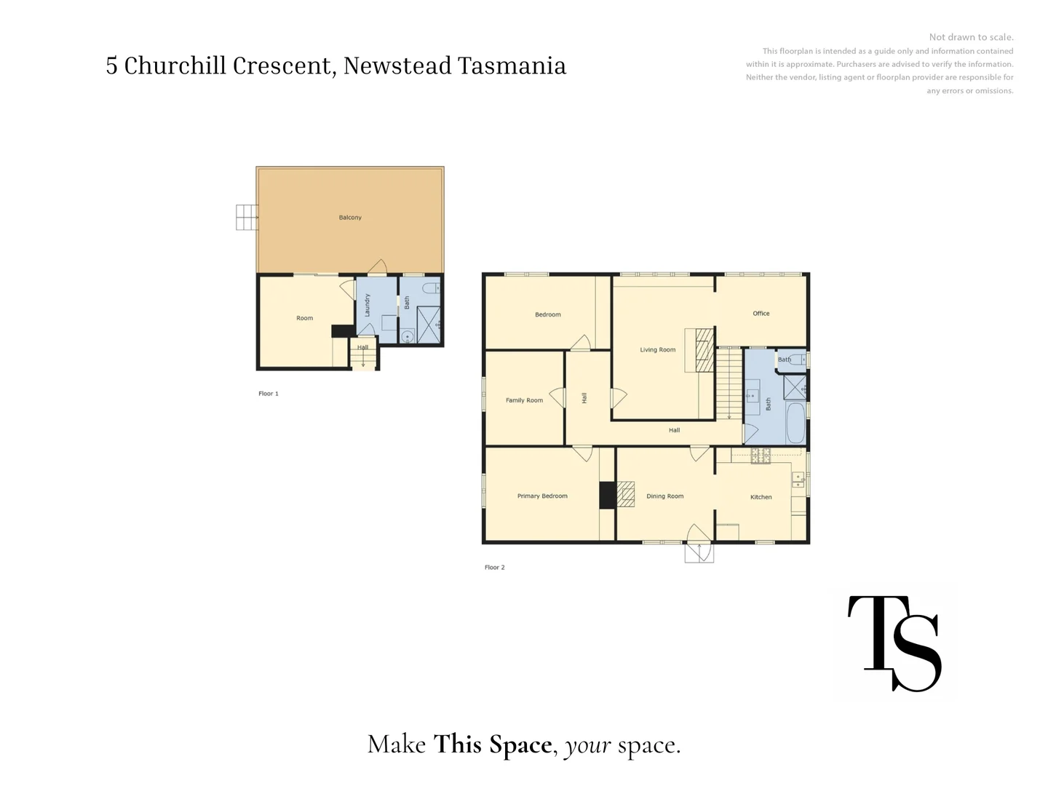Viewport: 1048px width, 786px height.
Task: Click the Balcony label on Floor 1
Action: tap(350, 218)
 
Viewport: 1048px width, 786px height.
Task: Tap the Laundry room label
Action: tap(368, 304)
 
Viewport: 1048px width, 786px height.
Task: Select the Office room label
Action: tap(761, 314)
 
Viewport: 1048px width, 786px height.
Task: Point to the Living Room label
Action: tap(657, 350)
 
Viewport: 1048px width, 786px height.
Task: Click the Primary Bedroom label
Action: tap(542, 496)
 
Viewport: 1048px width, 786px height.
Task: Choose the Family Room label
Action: tap(524, 400)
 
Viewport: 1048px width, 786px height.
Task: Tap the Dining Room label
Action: tap(664, 496)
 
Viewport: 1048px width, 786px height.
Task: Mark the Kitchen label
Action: tap(761, 497)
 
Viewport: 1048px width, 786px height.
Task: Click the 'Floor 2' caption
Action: tap(494, 568)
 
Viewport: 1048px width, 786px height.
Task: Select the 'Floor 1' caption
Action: tap(269, 394)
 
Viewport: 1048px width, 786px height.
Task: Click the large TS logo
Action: tap(894, 643)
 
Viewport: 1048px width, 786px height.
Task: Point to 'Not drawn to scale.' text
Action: tap(971, 37)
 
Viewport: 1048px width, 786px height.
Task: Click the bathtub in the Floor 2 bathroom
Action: tap(795, 423)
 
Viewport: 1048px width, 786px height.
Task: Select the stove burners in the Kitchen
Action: tap(761, 456)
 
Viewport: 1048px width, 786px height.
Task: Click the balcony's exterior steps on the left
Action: tap(247, 217)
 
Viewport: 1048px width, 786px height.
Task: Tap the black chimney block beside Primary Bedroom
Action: tap(608, 496)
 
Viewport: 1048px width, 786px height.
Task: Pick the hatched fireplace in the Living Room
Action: tap(704, 351)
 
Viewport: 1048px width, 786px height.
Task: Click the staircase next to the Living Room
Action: tap(729, 384)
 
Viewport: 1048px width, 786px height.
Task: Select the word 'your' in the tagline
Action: tap(587, 745)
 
